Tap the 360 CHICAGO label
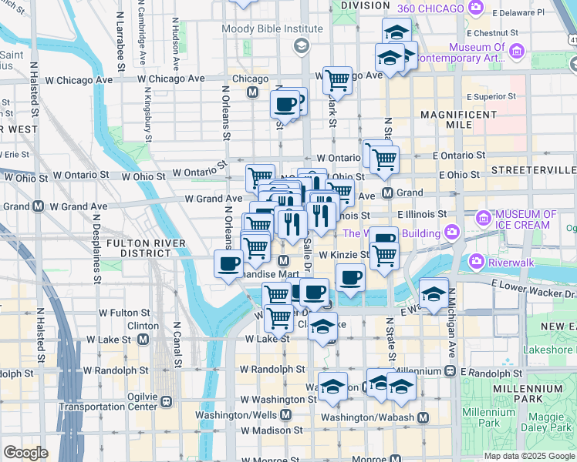[x=431, y=8]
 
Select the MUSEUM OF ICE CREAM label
[x=526, y=219]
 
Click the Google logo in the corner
[x=25, y=453]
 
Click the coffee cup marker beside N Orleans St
[x=228, y=264]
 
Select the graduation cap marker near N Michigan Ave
[x=434, y=293]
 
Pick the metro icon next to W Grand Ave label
[x=38, y=206]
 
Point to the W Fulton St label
[x=126, y=313]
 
